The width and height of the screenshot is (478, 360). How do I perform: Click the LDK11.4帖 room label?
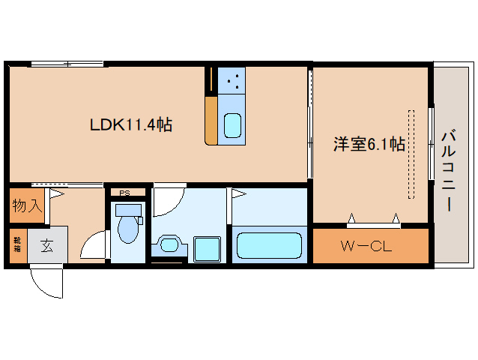131,125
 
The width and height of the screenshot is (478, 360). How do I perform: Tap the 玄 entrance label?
46,244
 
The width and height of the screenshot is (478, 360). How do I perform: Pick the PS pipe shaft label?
124,193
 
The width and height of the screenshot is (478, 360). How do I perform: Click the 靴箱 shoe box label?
16,244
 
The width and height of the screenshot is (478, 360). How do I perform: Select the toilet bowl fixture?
128,227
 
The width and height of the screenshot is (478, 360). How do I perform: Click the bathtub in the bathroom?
268,246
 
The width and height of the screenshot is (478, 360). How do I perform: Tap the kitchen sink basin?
232,124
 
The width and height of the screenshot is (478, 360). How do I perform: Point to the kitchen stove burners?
232,79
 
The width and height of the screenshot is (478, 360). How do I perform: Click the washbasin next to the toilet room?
170,244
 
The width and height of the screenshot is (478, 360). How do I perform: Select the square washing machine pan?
205,247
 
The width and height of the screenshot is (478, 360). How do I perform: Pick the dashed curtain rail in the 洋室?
411,154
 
